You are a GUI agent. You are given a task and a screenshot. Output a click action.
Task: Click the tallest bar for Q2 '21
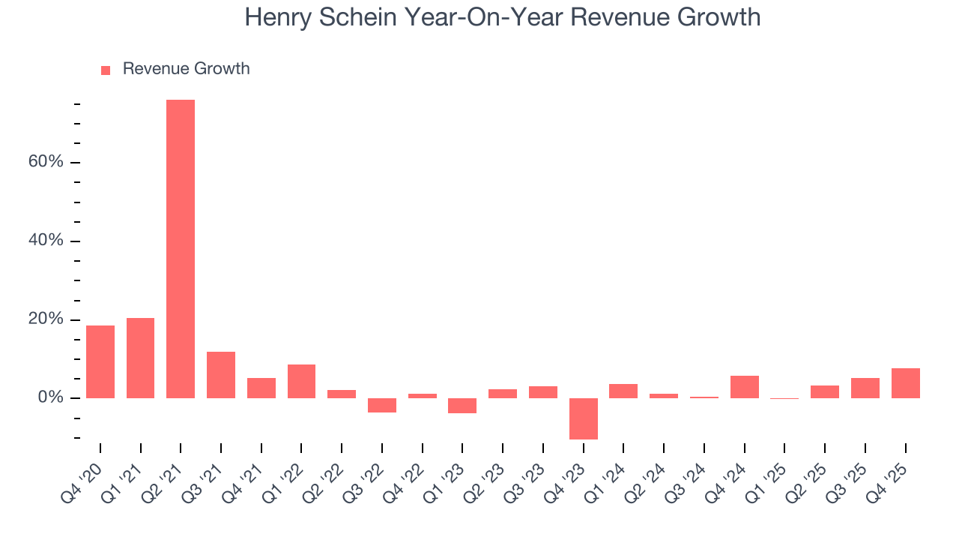click(x=181, y=248)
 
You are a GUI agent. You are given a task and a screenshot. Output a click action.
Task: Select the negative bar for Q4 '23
click(x=583, y=418)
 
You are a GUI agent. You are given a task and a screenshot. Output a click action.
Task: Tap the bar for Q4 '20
click(x=100, y=361)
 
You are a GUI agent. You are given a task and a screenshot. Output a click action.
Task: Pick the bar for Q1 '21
click(x=140, y=358)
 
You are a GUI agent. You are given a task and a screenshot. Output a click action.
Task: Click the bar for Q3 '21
click(x=221, y=374)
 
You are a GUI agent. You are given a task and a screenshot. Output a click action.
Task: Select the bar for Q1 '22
click(x=301, y=381)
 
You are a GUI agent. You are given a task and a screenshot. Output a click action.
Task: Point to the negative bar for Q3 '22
click(x=382, y=405)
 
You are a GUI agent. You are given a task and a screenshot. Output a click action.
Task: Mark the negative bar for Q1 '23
click(x=462, y=406)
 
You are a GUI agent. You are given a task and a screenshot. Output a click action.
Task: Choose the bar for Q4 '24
click(x=744, y=386)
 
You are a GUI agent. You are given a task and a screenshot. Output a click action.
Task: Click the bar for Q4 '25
click(x=905, y=382)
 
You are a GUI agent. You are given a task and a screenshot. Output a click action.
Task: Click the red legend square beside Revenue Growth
click(x=106, y=70)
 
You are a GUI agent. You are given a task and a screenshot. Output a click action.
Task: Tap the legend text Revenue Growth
click(x=186, y=69)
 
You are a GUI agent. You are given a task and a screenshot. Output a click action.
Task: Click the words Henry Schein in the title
click(x=318, y=17)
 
